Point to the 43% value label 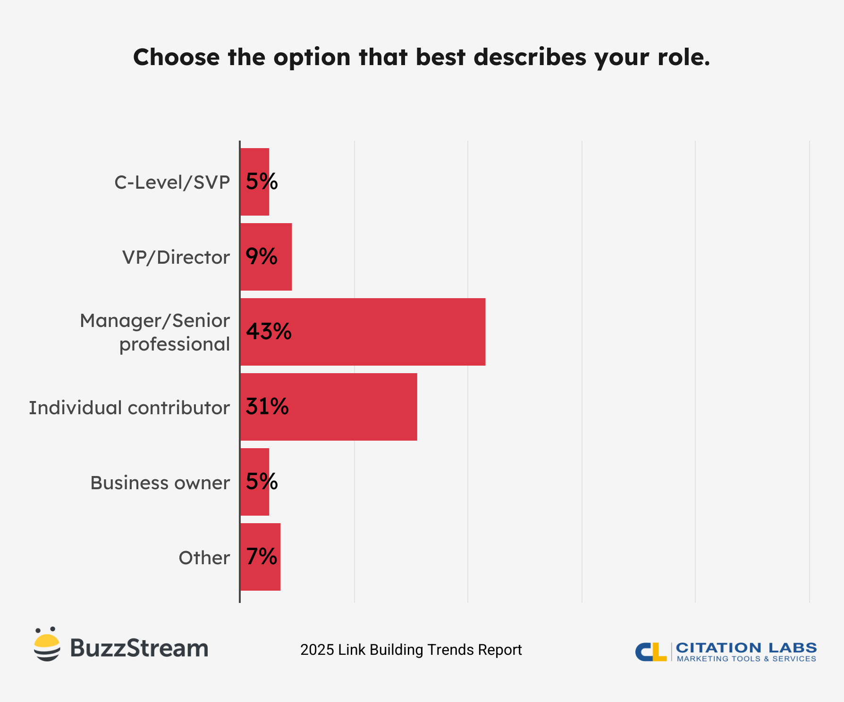(269, 331)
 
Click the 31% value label (267, 406)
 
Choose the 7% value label (262, 557)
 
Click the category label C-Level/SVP (172, 183)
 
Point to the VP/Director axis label (176, 258)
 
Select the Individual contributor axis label (129, 408)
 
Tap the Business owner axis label (160, 483)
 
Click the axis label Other (204, 558)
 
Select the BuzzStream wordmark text (139, 648)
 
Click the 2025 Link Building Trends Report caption (411, 650)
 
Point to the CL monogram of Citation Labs (651, 652)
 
